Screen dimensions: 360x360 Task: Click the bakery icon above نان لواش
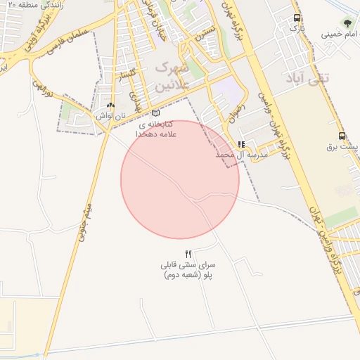coord(110,105)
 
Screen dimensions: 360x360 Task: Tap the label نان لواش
coord(110,115)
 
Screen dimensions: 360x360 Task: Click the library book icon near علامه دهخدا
coord(155,112)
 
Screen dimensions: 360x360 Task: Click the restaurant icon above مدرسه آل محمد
coord(241,143)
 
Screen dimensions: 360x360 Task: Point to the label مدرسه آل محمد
coord(243,154)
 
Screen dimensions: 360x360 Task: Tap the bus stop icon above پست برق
coord(342,136)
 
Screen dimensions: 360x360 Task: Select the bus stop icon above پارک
coord(297,18)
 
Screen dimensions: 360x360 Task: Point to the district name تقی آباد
coord(308,78)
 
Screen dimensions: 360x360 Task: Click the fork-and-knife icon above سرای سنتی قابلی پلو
coord(188,254)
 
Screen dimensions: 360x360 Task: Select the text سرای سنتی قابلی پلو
coord(188,270)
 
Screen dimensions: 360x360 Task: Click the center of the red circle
coord(180,179)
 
